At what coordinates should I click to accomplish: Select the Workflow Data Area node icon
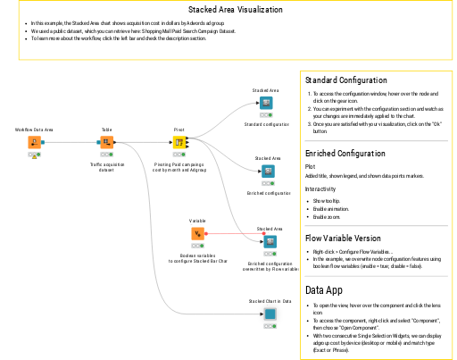(x=35, y=142)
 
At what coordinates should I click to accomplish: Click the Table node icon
(x=106, y=142)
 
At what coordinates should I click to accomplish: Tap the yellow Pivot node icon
(x=179, y=142)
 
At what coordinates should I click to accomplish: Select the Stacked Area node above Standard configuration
(x=266, y=104)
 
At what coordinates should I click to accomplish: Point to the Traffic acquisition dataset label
(x=107, y=167)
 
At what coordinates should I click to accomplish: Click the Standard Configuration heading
(x=345, y=80)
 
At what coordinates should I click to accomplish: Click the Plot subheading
(x=310, y=166)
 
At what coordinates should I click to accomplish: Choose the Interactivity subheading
(x=320, y=188)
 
